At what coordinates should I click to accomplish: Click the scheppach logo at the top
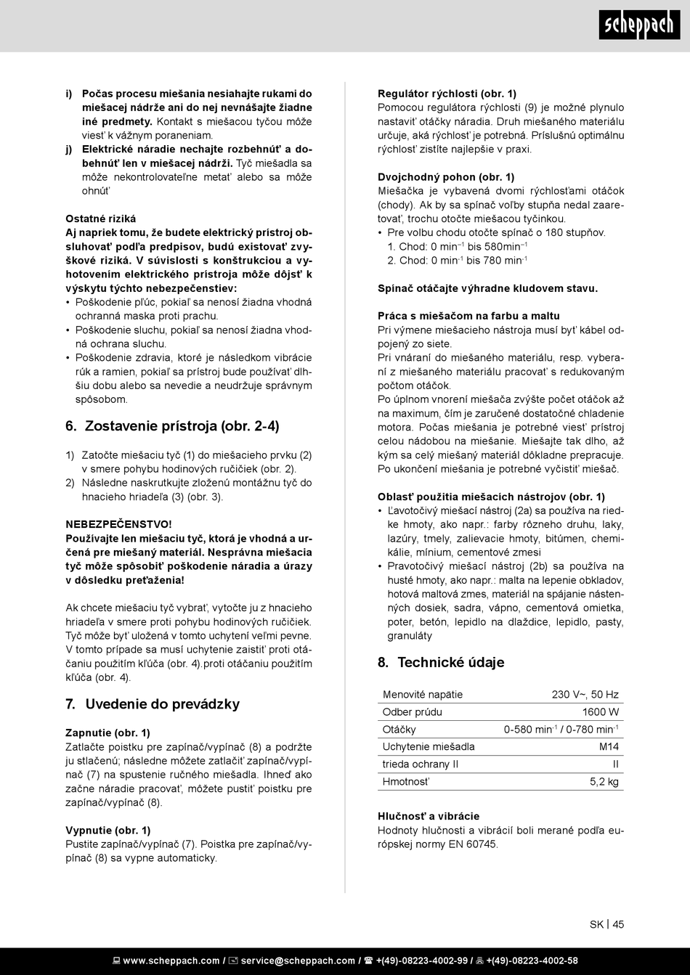[639, 26]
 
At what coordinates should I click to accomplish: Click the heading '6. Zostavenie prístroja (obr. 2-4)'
[172, 426]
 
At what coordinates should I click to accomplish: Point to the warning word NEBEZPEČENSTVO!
[109, 523]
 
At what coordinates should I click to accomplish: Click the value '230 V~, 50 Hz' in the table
[585, 695]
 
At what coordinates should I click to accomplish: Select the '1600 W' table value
[600, 712]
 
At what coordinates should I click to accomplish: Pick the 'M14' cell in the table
[609, 746]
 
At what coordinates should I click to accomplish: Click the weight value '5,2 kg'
[604, 781]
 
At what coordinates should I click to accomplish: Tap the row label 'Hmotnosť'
[406, 781]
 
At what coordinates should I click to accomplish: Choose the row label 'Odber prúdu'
[412, 712]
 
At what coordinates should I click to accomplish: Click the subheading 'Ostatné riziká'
[100, 219]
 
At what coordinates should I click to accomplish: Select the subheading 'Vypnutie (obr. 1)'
[108, 830]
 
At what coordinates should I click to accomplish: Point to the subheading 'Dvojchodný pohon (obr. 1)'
[446, 176]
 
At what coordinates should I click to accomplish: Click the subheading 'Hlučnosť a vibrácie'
[429, 816]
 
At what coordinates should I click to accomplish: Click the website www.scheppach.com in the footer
[171, 960]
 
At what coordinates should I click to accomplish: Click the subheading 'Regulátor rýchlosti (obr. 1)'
[447, 93]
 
